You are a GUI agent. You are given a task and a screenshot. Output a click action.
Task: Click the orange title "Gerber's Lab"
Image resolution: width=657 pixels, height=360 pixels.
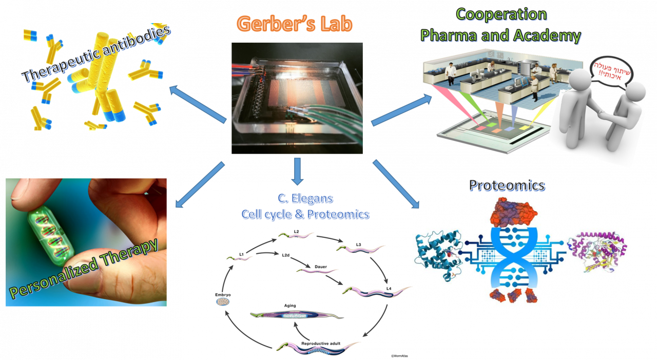coord(295,24)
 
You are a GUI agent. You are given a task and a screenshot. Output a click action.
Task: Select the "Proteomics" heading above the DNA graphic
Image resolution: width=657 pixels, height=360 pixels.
coord(507,185)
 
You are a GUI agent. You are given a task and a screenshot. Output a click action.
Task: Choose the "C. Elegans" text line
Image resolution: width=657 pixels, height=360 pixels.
coord(305,198)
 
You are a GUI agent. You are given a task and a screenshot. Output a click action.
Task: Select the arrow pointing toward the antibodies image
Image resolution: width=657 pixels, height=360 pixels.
coord(198,105)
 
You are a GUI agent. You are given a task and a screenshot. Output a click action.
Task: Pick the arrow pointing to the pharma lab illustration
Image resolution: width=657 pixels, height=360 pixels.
coord(401,109)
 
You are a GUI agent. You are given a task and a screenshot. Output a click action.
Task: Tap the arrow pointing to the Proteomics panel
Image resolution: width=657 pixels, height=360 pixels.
coord(396,184)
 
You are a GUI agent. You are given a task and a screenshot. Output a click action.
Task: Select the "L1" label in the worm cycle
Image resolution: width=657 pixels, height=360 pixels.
coord(241,253)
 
